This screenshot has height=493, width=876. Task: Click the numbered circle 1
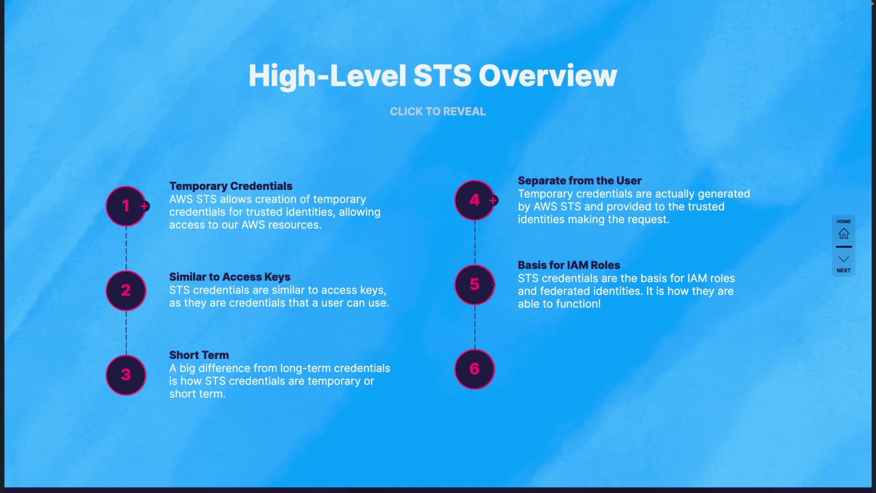pyautogui.click(x=126, y=206)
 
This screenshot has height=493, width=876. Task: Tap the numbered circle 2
pyautogui.click(x=126, y=290)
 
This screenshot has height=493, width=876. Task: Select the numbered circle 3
pyautogui.click(x=126, y=375)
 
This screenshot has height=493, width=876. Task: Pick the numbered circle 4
pyautogui.click(x=474, y=200)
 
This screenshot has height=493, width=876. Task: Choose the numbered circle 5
pyautogui.click(x=474, y=284)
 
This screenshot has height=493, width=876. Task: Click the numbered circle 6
pyautogui.click(x=474, y=369)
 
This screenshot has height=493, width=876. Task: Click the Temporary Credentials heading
pyautogui.click(x=230, y=186)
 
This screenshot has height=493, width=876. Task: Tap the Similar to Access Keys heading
pyautogui.click(x=229, y=277)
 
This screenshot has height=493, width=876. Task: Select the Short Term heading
pyautogui.click(x=199, y=355)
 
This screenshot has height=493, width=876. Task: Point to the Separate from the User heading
pyautogui.click(x=579, y=181)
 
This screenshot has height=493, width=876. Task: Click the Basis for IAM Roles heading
pyautogui.click(x=569, y=265)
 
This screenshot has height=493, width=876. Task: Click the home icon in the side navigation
pyautogui.click(x=844, y=234)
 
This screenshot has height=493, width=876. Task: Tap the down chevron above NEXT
pyautogui.click(x=844, y=259)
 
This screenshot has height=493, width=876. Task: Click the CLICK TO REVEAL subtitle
pyautogui.click(x=438, y=111)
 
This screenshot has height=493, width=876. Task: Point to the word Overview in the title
pyautogui.click(x=547, y=76)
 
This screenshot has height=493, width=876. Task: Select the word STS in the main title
pyautogui.click(x=442, y=76)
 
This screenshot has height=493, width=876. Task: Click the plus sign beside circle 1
pyautogui.click(x=145, y=206)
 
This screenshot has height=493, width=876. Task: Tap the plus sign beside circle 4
pyautogui.click(x=493, y=200)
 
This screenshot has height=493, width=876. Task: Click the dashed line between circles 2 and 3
pyautogui.click(x=126, y=333)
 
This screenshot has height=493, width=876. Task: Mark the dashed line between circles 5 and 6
pyautogui.click(x=475, y=327)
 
